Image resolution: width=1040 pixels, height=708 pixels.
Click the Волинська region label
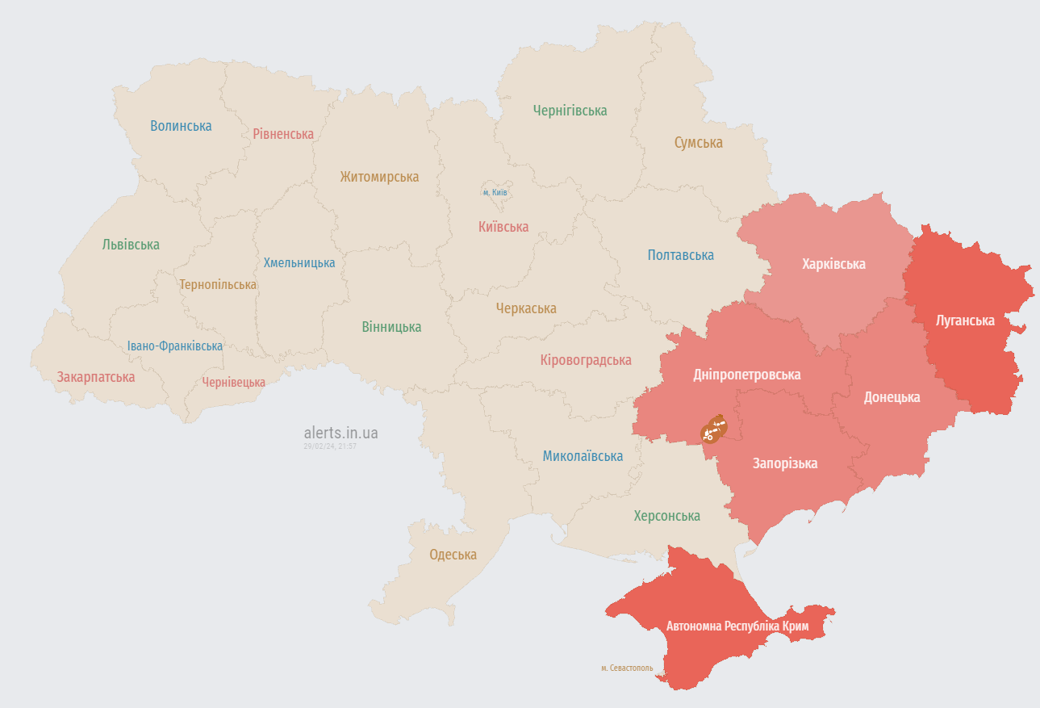pos(181,126)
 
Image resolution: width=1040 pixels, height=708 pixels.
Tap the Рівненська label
pos(283,134)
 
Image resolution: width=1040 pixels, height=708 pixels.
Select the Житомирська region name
pos(379,177)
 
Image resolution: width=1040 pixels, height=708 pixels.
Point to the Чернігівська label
pos(570,111)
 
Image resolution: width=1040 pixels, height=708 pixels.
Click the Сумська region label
pos(698,143)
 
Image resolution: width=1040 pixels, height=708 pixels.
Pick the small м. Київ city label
pos(495,192)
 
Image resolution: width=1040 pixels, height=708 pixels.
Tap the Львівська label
pos(131,245)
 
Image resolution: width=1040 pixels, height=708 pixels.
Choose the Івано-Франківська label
pos(174,346)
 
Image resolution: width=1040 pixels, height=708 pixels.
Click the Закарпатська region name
pos(95,377)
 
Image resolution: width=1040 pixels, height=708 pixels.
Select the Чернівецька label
pos(233,383)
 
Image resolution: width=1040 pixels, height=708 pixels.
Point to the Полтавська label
pos(680,255)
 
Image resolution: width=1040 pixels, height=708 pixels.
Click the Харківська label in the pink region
pos(833,264)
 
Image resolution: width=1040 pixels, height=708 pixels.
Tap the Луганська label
pos(965,320)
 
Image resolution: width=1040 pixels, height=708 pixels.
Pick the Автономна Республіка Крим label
pos(737,626)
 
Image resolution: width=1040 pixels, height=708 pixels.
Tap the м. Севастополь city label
pos(627,668)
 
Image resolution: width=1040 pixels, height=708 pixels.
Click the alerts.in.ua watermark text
pos(340,433)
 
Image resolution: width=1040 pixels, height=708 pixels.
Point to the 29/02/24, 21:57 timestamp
pos(330,446)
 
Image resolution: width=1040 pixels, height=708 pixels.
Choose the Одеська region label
pos(453,555)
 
